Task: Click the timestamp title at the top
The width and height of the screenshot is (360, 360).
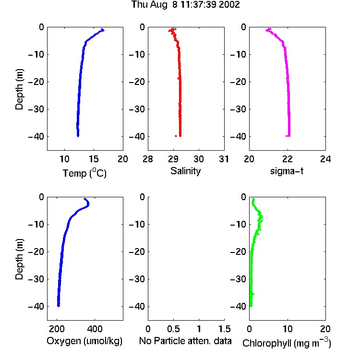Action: tap(185, 5)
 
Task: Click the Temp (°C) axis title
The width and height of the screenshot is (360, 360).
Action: tap(84, 173)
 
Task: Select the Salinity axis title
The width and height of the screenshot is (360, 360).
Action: tap(185, 171)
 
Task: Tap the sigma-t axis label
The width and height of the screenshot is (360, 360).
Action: tap(287, 171)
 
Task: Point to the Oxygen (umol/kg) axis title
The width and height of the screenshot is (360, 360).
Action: tap(84, 341)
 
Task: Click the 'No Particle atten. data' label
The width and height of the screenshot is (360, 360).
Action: tap(185, 341)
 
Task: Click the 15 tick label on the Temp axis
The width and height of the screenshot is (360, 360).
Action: tap(94, 159)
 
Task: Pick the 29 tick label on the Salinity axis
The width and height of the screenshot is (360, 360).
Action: tap(173, 159)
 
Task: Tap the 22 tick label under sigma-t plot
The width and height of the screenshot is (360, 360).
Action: tap(288, 159)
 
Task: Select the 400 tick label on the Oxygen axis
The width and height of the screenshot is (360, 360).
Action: tap(95, 329)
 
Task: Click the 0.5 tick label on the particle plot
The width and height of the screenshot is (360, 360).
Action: tap(173, 329)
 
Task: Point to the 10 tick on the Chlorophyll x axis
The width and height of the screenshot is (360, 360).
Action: tap(288, 329)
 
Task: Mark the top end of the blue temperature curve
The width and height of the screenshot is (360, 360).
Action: tap(103, 30)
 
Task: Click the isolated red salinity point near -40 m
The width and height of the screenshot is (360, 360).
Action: tap(176, 136)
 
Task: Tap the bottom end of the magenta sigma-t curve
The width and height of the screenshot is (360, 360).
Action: tap(289, 136)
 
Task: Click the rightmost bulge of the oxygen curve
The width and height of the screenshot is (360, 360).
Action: tap(88, 204)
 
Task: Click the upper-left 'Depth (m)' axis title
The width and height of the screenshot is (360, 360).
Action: tap(19, 89)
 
